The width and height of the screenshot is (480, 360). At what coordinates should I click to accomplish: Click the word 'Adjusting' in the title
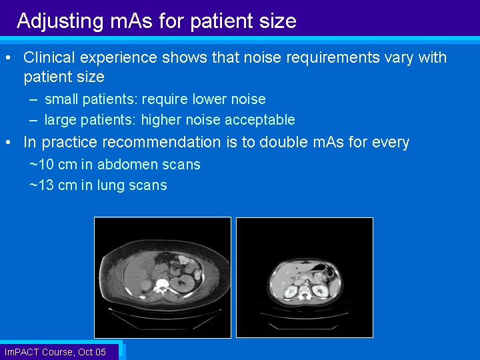(x=60, y=22)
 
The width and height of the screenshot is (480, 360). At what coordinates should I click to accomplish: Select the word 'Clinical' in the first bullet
(x=49, y=57)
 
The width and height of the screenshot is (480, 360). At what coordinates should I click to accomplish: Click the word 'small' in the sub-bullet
(x=61, y=99)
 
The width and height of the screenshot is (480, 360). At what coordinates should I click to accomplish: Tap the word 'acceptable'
(x=260, y=120)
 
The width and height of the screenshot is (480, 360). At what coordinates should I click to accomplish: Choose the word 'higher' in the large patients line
(x=161, y=120)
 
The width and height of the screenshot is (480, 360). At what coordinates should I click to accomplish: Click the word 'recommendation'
(x=162, y=142)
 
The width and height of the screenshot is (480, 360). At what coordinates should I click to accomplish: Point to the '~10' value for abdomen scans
(x=42, y=165)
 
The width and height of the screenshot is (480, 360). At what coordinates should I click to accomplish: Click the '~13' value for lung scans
(x=42, y=185)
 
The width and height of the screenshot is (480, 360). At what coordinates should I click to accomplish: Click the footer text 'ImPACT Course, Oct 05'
(x=55, y=352)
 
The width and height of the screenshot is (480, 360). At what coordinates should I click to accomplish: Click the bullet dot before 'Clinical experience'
(x=8, y=57)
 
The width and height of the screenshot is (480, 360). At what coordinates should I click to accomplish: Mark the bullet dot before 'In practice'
(x=8, y=143)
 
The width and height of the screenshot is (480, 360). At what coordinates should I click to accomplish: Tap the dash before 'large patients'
(x=33, y=120)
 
